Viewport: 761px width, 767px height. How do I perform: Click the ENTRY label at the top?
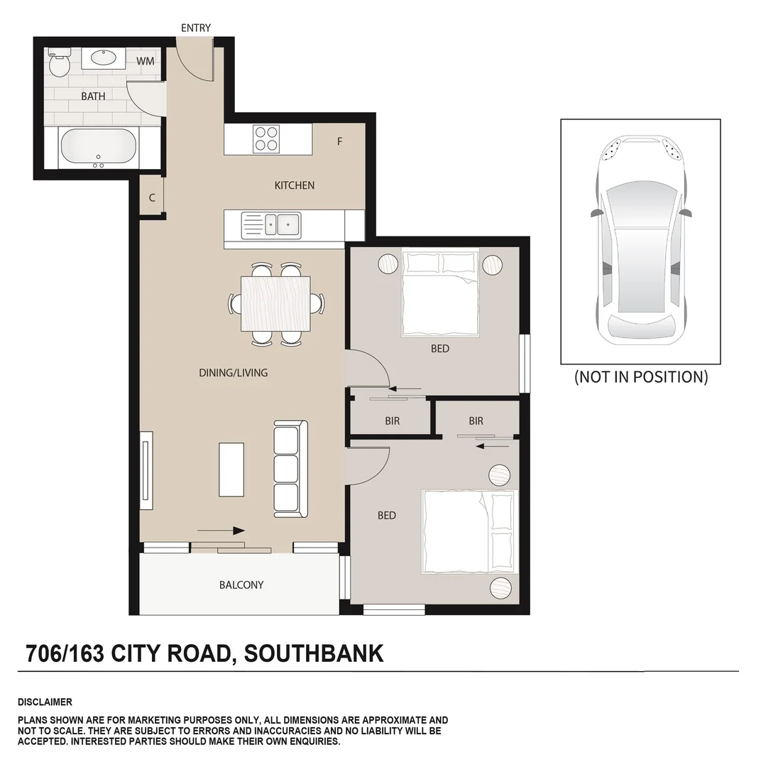[x=196, y=28]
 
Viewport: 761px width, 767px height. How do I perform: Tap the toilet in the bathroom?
[x=58, y=63]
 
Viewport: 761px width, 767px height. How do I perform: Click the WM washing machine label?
[x=146, y=61]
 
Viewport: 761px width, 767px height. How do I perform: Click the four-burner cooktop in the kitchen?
[x=267, y=138]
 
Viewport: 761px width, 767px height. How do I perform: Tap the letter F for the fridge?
[x=340, y=141]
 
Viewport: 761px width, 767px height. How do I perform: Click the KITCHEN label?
[x=295, y=185]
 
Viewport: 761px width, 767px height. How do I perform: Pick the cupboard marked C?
[x=152, y=198]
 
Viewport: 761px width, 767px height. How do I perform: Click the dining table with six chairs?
[x=275, y=304]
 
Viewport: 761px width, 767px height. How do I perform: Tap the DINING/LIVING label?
[x=234, y=373]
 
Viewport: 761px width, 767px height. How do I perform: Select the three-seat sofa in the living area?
[x=290, y=469]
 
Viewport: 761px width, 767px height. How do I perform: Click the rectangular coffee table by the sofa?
[x=231, y=469]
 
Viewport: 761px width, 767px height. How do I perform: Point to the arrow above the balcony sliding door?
[x=221, y=530]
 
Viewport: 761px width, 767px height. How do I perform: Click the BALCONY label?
[x=241, y=585]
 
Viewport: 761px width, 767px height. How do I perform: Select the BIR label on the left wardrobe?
[x=393, y=421]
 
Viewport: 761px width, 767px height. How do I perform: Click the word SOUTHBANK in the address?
[x=313, y=653]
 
